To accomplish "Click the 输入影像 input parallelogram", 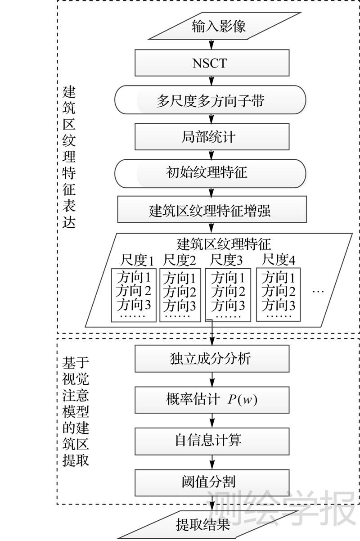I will tap(219, 26).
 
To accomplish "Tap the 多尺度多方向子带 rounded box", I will tap(210, 100).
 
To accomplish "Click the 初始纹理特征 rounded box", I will tap(210, 173).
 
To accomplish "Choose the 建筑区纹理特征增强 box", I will tap(210, 210).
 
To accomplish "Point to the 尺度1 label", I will tap(137, 260).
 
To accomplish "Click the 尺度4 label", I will tap(279, 260).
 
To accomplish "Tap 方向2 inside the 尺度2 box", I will tap(180, 291).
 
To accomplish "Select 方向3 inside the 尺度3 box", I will tap(228, 306).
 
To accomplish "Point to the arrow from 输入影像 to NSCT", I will tap(210, 44).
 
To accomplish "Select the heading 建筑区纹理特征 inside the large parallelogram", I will tap(224, 244).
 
